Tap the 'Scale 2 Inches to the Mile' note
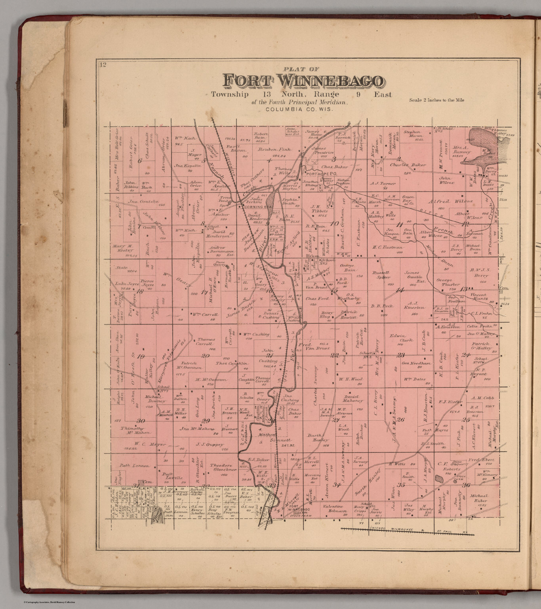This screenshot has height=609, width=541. pyautogui.click(x=436, y=100)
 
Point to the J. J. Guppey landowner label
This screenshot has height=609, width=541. pyautogui.click(x=210, y=444)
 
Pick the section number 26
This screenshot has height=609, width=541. pyautogui.click(x=400, y=419)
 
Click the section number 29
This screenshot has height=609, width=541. pyautogui.click(x=205, y=421)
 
